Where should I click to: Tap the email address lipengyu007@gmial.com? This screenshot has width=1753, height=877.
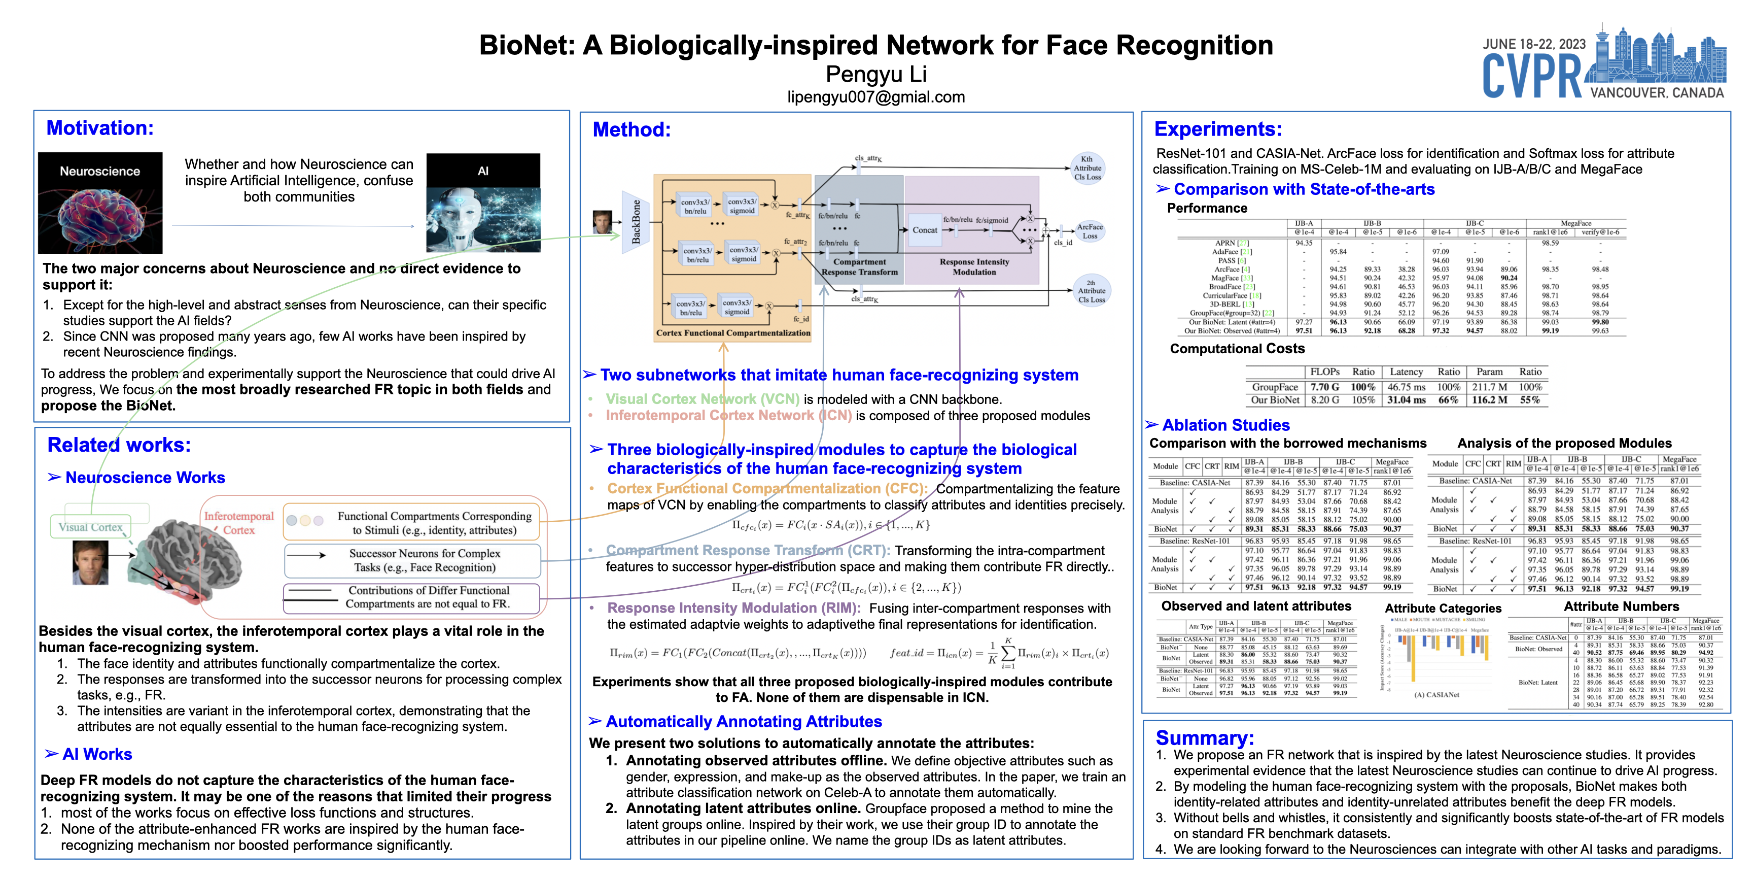[x=876, y=97]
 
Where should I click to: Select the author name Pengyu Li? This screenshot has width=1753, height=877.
[x=876, y=74]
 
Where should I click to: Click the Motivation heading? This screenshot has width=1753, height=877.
[x=100, y=128]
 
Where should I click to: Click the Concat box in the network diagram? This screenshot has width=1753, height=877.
[x=925, y=230]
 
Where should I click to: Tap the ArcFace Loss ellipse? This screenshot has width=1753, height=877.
[x=1090, y=231]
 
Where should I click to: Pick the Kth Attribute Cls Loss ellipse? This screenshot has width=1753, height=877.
[x=1088, y=168]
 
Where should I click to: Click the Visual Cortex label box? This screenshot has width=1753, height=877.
[x=90, y=527]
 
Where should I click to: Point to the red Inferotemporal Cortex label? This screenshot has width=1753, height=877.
[x=239, y=523]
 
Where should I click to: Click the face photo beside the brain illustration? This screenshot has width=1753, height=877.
[x=90, y=562]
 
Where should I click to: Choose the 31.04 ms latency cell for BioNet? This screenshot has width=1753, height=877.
[x=1406, y=400]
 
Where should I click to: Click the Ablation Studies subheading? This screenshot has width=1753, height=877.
[x=1225, y=426]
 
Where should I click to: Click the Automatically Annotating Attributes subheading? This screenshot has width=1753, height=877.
[x=743, y=722]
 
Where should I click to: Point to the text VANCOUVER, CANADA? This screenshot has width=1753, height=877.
[x=1656, y=92]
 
